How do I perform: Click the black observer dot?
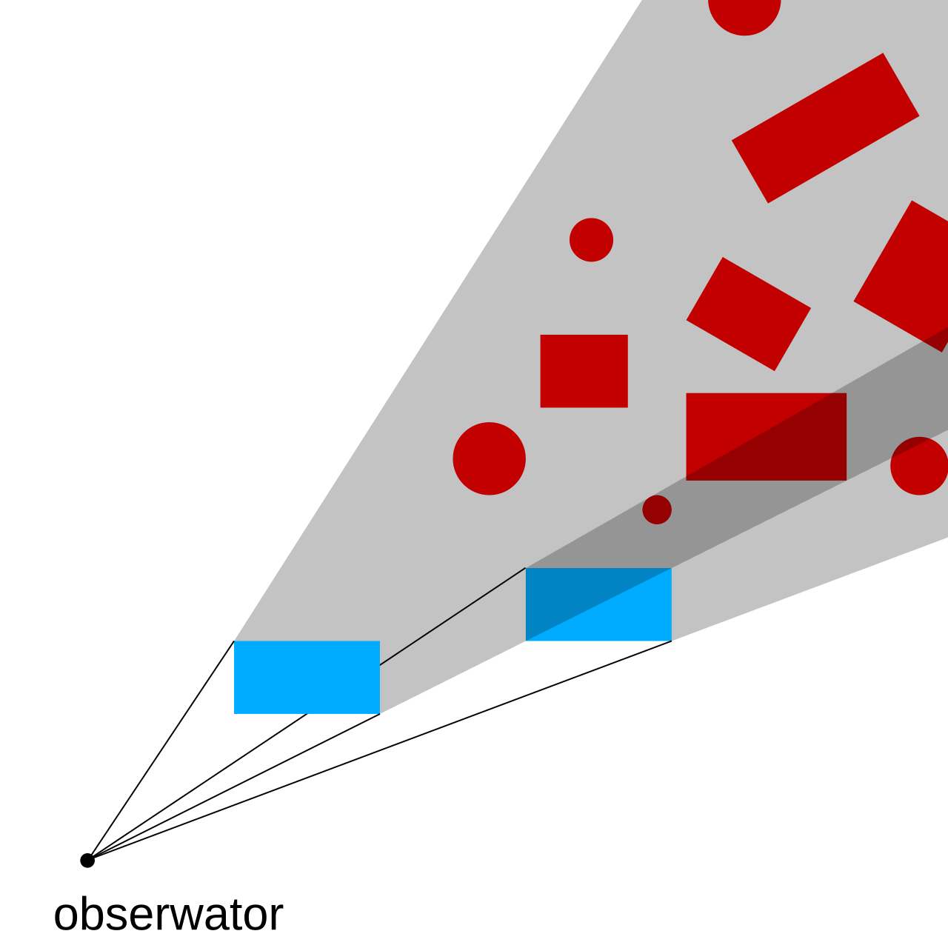tap(87, 861)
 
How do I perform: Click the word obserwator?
tap(168, 915)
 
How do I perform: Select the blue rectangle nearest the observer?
tap(307, 677)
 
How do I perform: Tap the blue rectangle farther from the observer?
tap(598, 604)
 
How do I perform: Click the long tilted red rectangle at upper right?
tap(825, 128)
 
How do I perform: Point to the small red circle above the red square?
tap(591, 239)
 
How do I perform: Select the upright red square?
tap(584, 371)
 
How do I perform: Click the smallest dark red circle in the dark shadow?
tap(657, 509)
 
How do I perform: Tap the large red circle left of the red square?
tap(489, 458)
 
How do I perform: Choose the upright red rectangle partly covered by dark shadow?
tap(766, 436)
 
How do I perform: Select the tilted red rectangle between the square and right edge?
tap(748, 314)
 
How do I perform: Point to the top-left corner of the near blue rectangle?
tap(234, 641)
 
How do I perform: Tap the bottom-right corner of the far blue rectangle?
tap(672, 641)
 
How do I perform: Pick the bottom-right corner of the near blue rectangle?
tap(380, 713)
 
